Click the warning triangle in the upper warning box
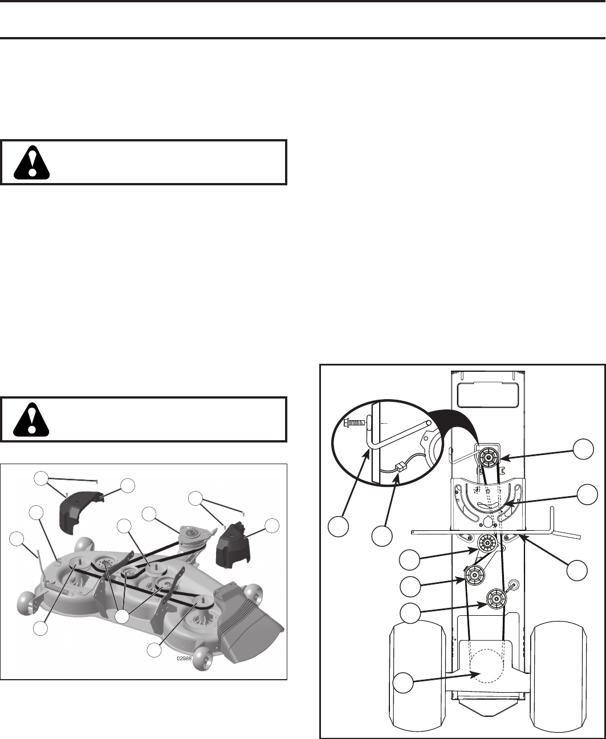tap(31, 163)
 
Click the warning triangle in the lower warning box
tap(31, 420)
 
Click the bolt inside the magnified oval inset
tap(355, 423)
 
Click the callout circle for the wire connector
tap(382, 536)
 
